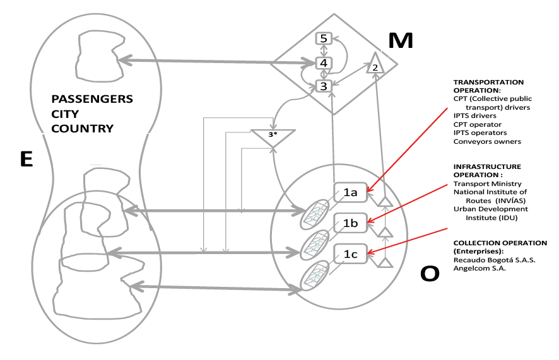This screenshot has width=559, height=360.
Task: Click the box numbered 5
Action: (x=324, y=38)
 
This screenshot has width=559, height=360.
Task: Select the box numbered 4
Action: (x=324, y=63)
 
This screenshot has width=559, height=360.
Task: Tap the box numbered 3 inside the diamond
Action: (x=324, y=86)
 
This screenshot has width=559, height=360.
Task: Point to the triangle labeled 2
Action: (x=375, y=64)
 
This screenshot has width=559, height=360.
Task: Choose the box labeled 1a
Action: (x=350, y=193)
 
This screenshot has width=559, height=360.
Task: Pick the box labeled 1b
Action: (x=350, y=223)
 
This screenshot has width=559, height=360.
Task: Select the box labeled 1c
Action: (x=350, y=254)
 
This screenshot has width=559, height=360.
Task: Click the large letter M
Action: (x=401, y=40)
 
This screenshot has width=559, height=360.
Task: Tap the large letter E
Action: (x=26, y=159)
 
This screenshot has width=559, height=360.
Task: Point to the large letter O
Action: (x=430, y=274)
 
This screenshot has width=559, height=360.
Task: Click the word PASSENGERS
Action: (x=92, y=99)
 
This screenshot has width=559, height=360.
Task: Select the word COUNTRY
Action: (x=83, y=129)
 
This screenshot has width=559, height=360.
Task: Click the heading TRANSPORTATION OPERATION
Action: (x=488, y=86)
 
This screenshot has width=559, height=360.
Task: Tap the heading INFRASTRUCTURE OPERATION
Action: (x=487, y=171)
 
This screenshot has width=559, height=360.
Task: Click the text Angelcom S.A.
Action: (x=480, y=269)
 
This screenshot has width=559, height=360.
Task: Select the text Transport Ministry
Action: (x=487, y=183)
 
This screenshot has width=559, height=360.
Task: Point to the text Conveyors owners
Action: (x=487, y=141)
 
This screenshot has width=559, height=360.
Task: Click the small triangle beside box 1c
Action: (x=385, y=263)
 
